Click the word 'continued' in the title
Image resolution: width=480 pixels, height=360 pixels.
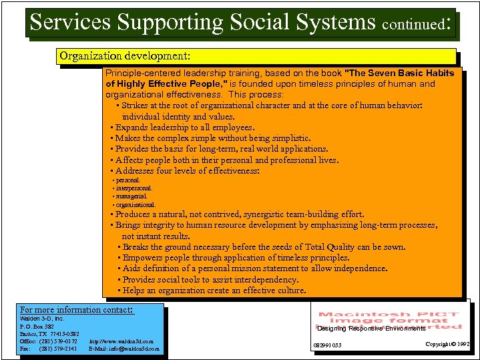click(413, 25)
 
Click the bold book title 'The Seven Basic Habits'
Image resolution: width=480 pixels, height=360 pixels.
click(400, 73)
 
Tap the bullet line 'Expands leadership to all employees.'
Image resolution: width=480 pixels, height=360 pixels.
click(184, 127)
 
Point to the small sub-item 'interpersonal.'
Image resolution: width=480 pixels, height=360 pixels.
click(134, 188)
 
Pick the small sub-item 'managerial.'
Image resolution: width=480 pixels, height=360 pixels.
click(131, 196)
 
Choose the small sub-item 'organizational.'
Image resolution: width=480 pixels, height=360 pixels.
click(136, 204)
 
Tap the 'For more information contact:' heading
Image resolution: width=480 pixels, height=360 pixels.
click(77, 309)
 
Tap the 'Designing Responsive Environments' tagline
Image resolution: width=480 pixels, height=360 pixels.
click(371, 328)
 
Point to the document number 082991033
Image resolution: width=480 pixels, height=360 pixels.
click(327, 345)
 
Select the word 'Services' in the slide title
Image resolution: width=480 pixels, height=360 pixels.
click(71, 22)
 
